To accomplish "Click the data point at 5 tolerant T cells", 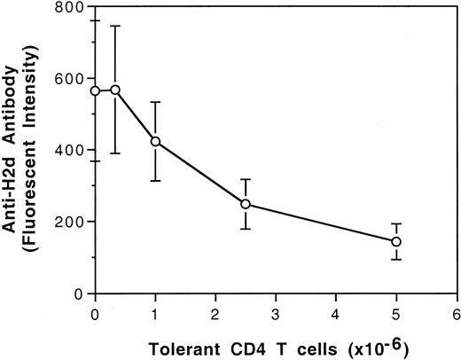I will (395, 241).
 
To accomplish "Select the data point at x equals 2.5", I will (246, 205).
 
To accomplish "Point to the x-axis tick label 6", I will (456, 313).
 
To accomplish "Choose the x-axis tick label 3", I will (276, 313).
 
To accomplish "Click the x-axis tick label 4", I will (336, 313).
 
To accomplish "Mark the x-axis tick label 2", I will (215, 313).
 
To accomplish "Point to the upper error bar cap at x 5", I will (395, 224).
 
